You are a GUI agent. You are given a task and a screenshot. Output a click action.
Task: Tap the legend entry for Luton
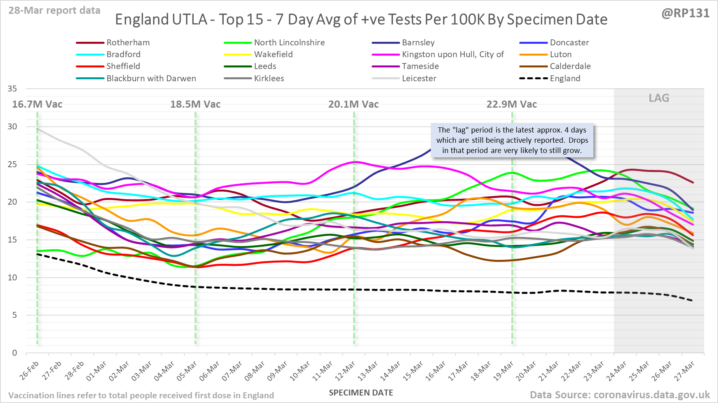[x=561, y=54]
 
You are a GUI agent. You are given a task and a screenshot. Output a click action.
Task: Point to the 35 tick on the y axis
[x=12, y=89]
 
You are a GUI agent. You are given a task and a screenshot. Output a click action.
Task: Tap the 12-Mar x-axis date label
[x=346, y=371]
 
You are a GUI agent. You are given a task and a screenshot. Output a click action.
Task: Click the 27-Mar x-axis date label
[x=685, y=371]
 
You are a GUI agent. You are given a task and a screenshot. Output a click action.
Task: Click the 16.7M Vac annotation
[x=37, y=104]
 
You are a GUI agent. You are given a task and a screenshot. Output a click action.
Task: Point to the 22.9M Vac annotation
[x=511, y=104]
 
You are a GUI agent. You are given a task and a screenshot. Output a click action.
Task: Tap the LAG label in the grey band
[x=659, y=98]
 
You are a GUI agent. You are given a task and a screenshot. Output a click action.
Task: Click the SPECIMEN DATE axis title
[x=361, y=393]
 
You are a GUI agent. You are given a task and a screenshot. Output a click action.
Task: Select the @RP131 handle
[x=685, y=13]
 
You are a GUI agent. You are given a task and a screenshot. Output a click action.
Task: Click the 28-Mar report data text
[x=54, y=11]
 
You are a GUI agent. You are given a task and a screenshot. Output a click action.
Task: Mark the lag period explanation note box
[x=512, y=140]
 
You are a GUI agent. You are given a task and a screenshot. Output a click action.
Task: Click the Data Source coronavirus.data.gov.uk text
[x=619, y=395]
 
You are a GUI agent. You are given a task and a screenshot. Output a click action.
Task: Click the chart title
[x=361, y=19]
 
